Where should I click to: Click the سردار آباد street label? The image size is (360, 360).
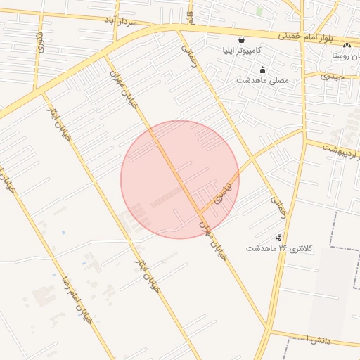point(120,21)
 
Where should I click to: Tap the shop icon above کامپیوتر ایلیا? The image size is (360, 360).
point(242,40)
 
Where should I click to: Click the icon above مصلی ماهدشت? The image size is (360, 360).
point(263,70)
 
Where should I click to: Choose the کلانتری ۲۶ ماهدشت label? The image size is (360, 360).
point(278,248)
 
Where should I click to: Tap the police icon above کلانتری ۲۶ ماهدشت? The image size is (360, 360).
point(279,238)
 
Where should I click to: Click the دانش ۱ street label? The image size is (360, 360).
point(316,340)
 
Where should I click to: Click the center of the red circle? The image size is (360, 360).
point(180,179)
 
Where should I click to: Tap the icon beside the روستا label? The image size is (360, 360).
point(347,45)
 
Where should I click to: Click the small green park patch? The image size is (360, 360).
point(260,11)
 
